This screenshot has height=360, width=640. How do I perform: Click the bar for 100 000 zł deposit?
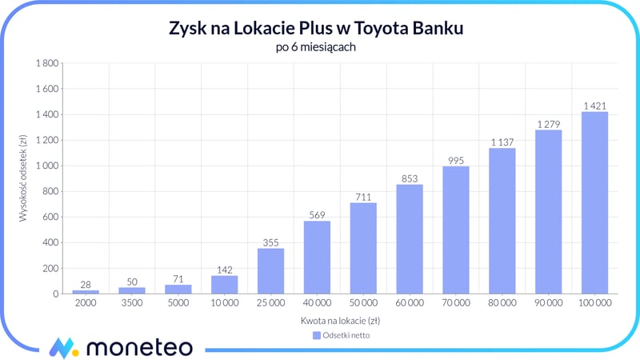594,203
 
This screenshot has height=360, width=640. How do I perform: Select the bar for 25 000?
270,271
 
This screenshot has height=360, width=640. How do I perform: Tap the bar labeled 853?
410,239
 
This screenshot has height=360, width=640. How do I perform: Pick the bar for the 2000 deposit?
86,292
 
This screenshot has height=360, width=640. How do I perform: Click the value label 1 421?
594,106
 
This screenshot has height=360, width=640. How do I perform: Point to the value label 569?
317,214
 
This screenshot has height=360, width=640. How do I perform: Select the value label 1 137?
502,142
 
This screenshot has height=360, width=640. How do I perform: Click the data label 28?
86,284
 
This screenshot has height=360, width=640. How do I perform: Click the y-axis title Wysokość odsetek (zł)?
25,178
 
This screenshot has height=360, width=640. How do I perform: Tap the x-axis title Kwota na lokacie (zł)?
340,321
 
